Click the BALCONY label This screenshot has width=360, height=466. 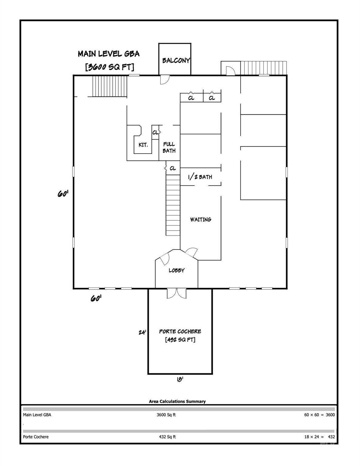click(x=176, y=60)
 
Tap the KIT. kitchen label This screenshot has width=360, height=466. click(x=143, y=145)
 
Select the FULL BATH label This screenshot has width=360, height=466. click(x=169, y=147)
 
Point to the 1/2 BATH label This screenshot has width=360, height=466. click(x=200, y=177)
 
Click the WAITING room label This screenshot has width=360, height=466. click(x=200, y=219)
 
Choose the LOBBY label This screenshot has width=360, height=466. click(x=177, y=270)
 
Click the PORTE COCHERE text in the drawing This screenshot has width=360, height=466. click(x=180, y=331)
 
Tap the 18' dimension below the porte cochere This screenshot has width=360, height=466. click(x=180, y=379)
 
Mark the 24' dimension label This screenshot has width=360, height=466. click(x=142, y=333)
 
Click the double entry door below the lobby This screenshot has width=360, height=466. click(x=177, y=293)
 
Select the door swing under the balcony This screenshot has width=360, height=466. click(x=165, y=79)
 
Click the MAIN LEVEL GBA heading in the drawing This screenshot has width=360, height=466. click(x=109, y=54)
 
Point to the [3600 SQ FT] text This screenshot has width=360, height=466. click(x=110, y=67)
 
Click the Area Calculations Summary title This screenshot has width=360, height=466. click(x=177, y=401)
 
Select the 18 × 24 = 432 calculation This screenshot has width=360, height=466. click(x=319, y=437)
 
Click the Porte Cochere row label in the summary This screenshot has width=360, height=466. click(x=36, y=437)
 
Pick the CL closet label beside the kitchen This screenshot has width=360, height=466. click(x=155, y=133)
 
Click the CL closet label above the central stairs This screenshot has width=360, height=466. click(x=173, y=168)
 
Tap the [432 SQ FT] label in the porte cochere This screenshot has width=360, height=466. click(x=180, y=340)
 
